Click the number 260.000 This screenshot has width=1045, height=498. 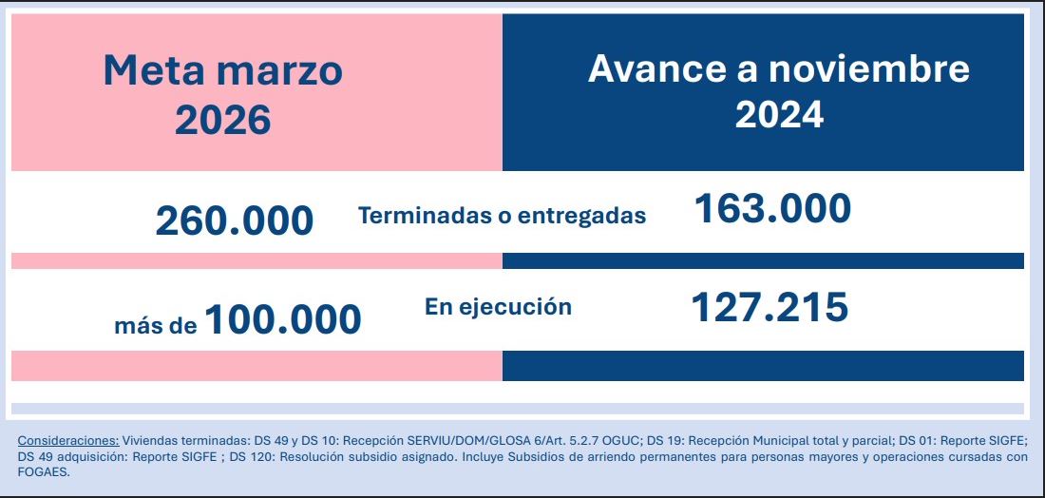[234, 220]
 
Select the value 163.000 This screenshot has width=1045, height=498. [772, 209]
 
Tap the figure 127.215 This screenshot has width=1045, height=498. [769, 307]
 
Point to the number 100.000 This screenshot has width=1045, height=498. [282, 319]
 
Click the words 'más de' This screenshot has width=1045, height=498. [156, 326]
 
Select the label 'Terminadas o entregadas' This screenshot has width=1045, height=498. [502, 216]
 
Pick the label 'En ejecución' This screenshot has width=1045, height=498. [498, 307]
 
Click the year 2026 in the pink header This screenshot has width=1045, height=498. [223, 120]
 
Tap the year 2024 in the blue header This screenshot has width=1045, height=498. [779, 114]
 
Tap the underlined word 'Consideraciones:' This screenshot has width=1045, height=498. [68, 441]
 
